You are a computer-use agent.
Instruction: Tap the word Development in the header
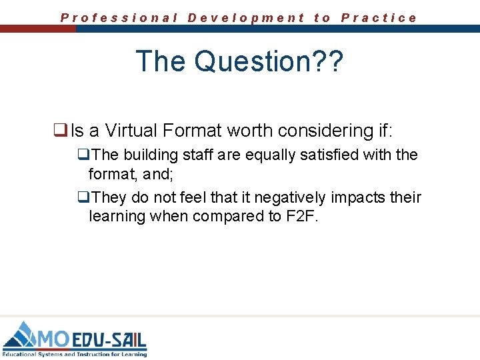[246, 18]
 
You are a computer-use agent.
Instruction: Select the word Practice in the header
[379, 18]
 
